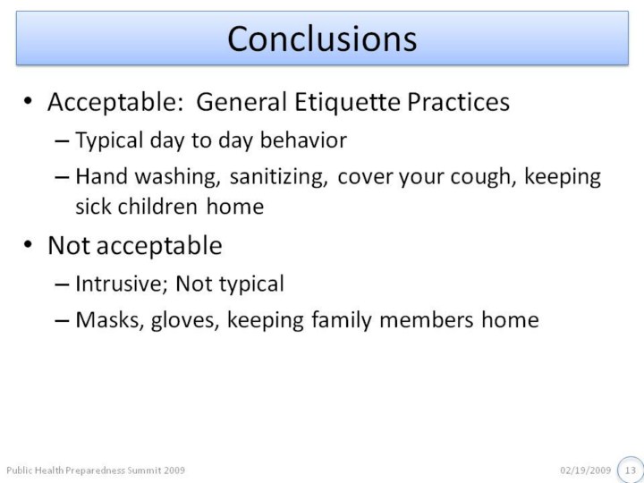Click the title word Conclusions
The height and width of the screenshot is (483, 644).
322,38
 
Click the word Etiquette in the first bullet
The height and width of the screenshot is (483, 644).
347,102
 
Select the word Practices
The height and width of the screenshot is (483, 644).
458,101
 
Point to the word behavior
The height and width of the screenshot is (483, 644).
303,140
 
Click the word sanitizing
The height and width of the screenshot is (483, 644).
278,177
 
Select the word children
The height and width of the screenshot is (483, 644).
157,207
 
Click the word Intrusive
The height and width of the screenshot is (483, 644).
122,284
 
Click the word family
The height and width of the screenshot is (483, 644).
342,321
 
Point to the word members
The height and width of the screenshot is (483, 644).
427,320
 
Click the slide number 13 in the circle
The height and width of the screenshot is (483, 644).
631,470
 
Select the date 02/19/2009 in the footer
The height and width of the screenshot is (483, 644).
585,470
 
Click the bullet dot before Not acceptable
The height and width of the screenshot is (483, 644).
28,245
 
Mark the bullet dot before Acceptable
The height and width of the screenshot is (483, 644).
28,101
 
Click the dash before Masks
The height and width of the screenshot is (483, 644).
62,321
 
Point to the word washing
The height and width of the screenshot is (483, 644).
177,177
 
